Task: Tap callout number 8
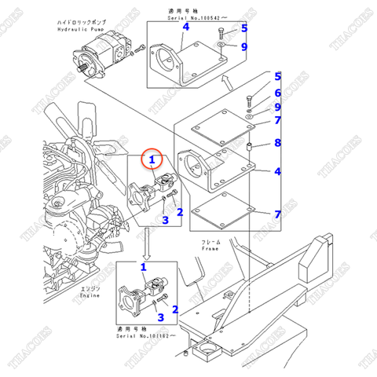(276, 143)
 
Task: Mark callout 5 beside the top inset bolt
(243, 28)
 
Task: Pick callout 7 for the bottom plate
(276, 214)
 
